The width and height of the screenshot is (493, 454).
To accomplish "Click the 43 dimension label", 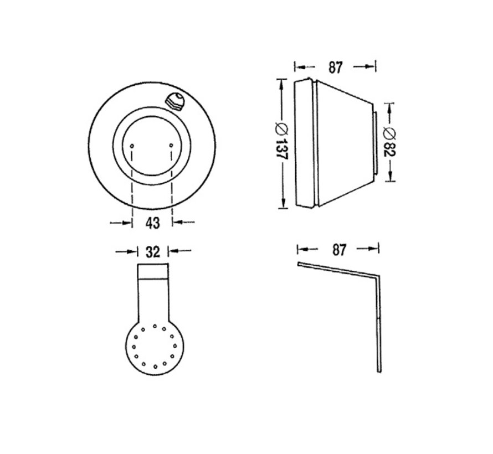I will click(x=152, y=223).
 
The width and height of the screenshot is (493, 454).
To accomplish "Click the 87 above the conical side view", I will click(x=335, y=68).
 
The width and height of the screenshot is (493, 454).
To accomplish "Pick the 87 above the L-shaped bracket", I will click(x=338, y=250).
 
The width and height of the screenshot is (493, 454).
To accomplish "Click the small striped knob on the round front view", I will click(x=175, y=101).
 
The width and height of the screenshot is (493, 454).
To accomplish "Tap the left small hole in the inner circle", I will click(x=133, y=145).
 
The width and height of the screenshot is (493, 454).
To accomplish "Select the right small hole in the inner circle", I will click(x=172, y=145).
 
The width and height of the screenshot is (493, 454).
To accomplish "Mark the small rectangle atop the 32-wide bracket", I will click(x=152, y=270).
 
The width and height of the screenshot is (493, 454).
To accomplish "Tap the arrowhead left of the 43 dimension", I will click(x=129, y=223).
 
